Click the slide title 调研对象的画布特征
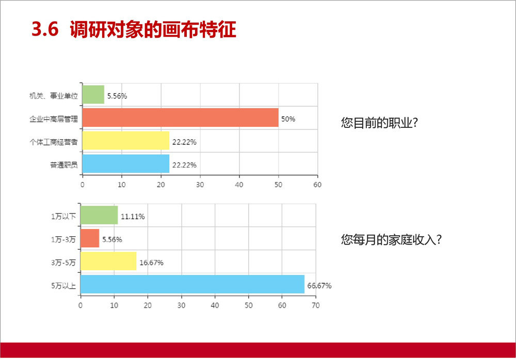click(x=153, y=29)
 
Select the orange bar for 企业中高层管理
click(x=180, y=118)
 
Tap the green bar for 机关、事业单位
click(x=93, y=94)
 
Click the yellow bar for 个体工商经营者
click(x=126, y=140)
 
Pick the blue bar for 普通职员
click(x=126, y=163)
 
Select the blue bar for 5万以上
click(x=192, y=284)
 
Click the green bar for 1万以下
click(x=99, y=215)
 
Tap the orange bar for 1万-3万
click(x=90, y=238)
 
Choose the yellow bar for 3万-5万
click(x=108, y=261)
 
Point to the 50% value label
click(x=288, y=119)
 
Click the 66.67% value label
click(x=319, y=286)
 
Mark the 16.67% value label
click(x=151, y=263)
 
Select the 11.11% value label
click(x=133, y=217)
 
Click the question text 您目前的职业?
click(x=379, y=123)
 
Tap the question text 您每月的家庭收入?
click(x=391, y=239)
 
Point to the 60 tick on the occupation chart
click(x=317, y=185)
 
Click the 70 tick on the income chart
click(x=315, y=305)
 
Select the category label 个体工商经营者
click(x=54, y=142)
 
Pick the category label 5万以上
click(x=63, y=285)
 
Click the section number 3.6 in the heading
click(x=45, y=29)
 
